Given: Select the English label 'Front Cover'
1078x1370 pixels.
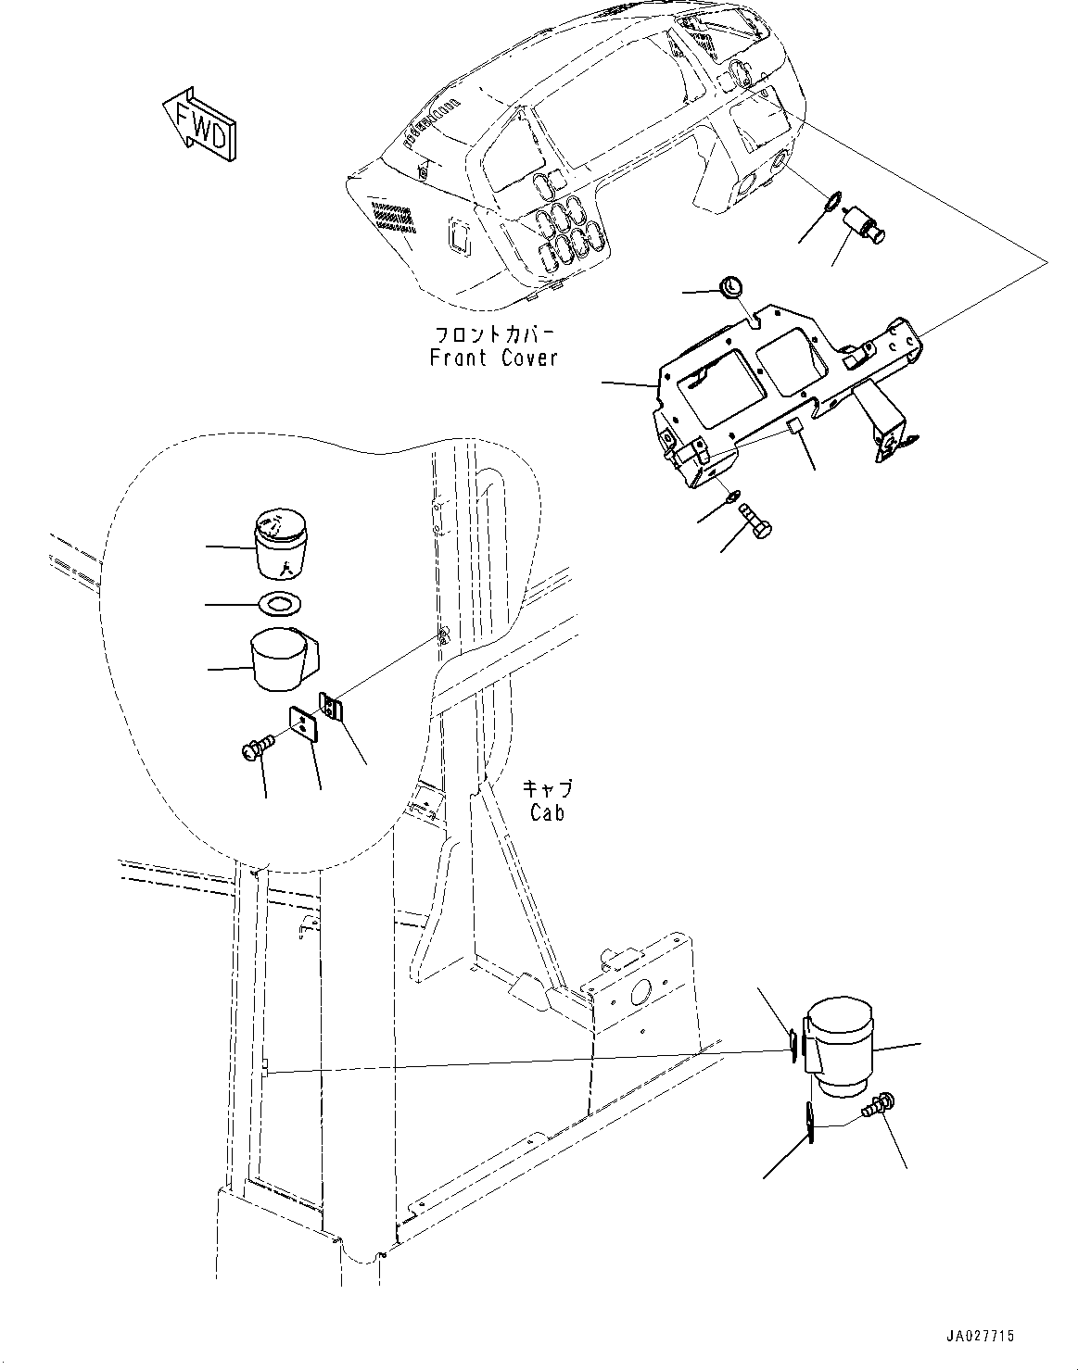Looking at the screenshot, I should coord(494,358).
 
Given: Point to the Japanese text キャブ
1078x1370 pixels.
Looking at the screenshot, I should coord(547,789).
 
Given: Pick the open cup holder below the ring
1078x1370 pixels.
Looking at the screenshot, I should coord(281,659).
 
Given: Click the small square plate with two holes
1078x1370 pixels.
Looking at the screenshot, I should coord(303,722).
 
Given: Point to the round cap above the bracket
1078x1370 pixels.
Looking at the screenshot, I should coord(731,285).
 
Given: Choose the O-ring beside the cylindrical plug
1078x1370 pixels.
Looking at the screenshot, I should coord(831,200).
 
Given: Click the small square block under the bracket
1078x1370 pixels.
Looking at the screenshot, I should coord(793,426).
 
